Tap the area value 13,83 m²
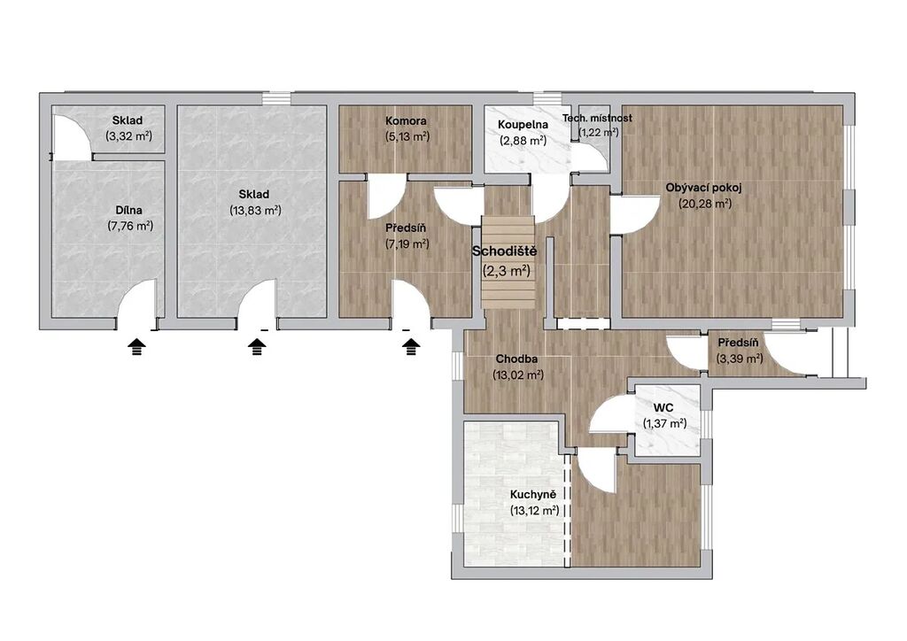255,211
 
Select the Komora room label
406,120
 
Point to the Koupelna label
523,124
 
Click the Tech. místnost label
598,118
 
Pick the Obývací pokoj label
703,188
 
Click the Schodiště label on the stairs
504,251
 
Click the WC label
664,408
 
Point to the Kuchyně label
532,495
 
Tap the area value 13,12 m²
534,510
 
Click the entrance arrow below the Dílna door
136,347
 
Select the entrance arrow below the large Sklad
257,347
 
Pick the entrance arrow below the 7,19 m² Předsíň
411,347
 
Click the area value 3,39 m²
740,359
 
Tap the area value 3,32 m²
128,136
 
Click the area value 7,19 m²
407,243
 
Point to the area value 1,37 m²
664,423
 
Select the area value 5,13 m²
407,136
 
